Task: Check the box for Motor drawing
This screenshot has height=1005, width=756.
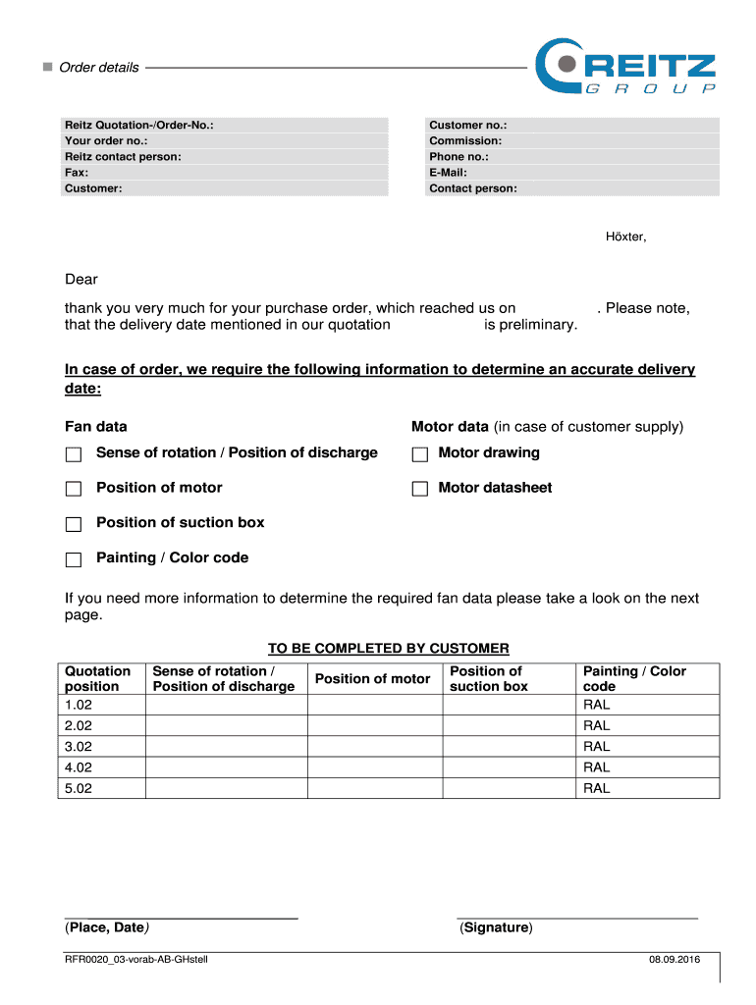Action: [x=420, y=454]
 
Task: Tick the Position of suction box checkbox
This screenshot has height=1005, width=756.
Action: [x=74, y=524]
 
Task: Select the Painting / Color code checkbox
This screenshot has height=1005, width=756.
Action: [x=74, y=559]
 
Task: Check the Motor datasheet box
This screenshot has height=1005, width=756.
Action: [x=420, y=489]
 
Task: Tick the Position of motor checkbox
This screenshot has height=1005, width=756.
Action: [x=74, y=489]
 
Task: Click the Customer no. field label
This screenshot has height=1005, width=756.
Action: [x=467, y=126]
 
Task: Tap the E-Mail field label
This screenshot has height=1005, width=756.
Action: [x=448, y=173]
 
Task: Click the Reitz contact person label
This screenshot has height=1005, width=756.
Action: [x=123, y=157]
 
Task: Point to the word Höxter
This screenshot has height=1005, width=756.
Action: [x=625, y=237]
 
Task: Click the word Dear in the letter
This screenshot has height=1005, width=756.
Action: [x=81, y=281]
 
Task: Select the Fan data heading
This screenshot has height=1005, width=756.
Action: [x=95, y=427]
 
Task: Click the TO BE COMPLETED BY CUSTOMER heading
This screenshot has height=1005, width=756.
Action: [x=389, y=649]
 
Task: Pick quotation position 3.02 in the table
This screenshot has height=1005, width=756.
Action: [x=77, y=747]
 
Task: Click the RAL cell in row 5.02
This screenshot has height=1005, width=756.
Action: [x=596, y=788]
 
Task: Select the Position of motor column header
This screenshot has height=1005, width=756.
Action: [x=372, y=679]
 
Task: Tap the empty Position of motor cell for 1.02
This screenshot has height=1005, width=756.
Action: [x=374, y=705]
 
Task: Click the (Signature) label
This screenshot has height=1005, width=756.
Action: [x=496, y=927]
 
